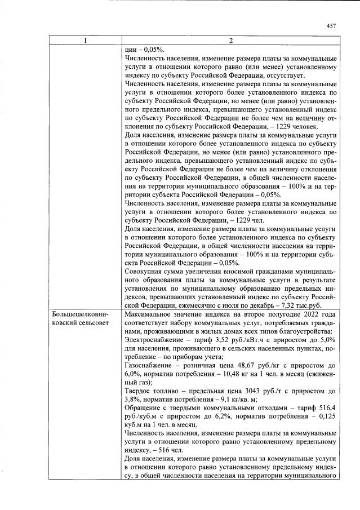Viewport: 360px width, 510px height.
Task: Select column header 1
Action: coord(84,40)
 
